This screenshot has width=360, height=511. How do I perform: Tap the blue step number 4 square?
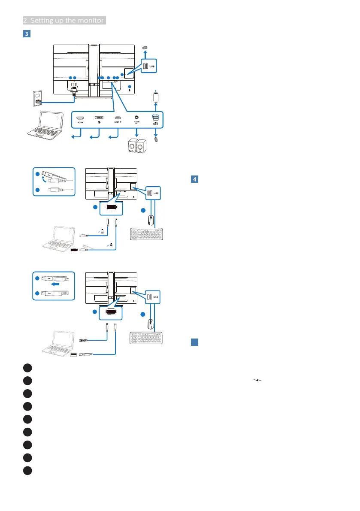coord(194,179)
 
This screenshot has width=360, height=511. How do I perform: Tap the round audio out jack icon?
coord(137,117)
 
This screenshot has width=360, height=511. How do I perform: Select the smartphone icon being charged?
coord(157,97)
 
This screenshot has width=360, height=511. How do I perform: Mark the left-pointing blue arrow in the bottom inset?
coord(54,283)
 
